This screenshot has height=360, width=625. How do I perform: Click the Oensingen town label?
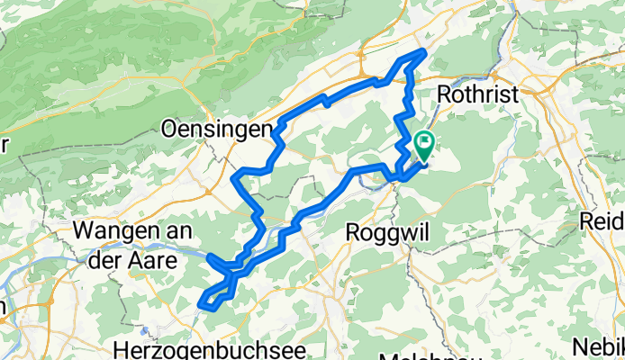(x=215, y=130)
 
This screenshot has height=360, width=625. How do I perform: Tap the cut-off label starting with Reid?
(x=602, y=221)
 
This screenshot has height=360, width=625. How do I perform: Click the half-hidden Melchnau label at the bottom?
(x=415, y=356)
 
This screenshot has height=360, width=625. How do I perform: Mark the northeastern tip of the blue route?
(x=422, y=51)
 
